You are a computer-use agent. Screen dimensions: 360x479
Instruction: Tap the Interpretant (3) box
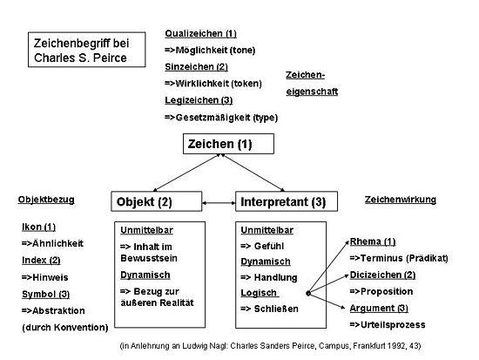coord(284,201)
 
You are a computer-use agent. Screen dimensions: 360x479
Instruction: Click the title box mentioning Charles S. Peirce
coord(81,49)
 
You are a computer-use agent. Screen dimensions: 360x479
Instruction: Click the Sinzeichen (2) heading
coord(196,66)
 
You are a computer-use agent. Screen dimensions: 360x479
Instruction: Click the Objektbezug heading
coord(46,199)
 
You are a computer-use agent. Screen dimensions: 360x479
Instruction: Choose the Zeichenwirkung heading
coord(400,200)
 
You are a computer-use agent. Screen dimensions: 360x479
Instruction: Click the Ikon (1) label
coord(39,227)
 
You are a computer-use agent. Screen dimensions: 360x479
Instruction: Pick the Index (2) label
coord(41,260)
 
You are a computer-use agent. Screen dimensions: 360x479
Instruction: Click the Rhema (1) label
coord(373,241)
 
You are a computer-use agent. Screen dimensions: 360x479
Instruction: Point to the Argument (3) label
coord(378,308)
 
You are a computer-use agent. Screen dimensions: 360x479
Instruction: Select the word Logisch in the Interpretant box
coord(259,293)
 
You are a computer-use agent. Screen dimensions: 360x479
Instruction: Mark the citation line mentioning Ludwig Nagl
coord(270,346)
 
